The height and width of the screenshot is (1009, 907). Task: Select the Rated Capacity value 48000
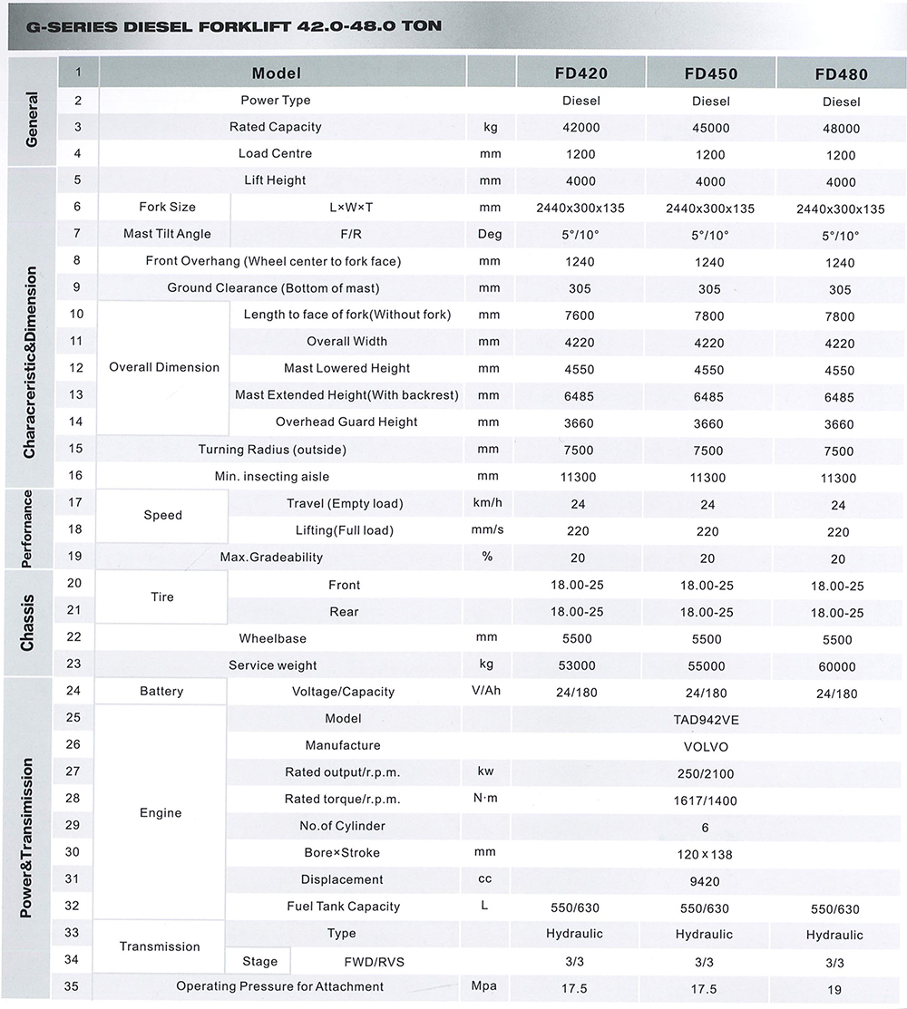click(841, 129)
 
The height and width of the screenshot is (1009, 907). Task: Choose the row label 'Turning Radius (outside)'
click(272, 450)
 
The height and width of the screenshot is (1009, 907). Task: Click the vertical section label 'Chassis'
click(28, 622)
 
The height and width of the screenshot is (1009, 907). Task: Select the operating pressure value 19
click(834, 989)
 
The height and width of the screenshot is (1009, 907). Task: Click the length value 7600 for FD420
click(580, 316)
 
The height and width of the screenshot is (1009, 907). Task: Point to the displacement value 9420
click(705, 881)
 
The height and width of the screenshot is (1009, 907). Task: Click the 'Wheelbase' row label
click(272, 638)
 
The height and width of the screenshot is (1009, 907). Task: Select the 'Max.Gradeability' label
click(271, 557)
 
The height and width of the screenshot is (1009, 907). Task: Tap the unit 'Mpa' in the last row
click(485, 986)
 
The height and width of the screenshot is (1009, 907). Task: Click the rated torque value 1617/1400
click(705, 800)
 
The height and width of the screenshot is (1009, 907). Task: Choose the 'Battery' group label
click(161, 692)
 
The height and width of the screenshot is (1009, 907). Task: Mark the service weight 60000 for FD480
click(836, 666)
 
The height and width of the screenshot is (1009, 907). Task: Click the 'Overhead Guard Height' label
click(346, 422)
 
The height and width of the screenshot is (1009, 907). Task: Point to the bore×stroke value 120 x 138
click(705, 854)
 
